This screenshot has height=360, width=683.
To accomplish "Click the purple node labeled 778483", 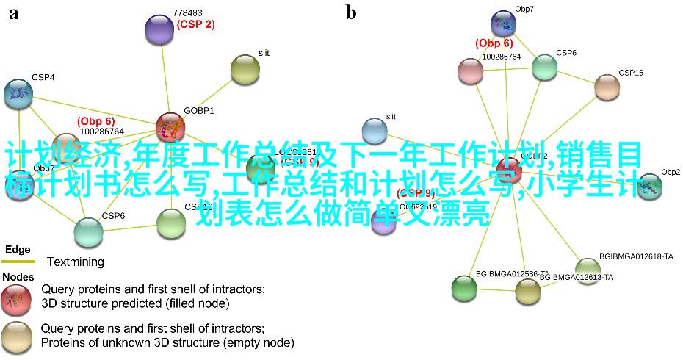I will [158, 29].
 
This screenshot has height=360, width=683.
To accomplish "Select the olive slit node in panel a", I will [245, 69].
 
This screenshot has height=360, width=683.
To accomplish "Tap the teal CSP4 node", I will [18, 93].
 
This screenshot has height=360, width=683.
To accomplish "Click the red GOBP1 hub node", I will [170, 127].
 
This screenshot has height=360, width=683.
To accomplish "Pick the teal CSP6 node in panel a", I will [89, 232].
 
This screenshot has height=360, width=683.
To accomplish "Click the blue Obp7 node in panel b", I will [504, 23].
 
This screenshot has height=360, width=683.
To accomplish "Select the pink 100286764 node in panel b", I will [470, 71].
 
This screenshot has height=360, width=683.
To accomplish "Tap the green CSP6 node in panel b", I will [545, 67].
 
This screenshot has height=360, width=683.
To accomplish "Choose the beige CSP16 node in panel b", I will [607, 87].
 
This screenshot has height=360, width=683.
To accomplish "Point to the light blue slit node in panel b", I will [375, 132].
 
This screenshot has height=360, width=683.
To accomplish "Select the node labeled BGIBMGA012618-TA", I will [588, 267].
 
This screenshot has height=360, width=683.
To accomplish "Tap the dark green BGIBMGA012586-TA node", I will [464, 287].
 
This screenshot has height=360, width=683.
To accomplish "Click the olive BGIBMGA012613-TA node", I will [527, 292].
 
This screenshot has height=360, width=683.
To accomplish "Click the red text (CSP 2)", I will [195, 24].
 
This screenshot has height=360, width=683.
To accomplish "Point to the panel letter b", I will [351, 12].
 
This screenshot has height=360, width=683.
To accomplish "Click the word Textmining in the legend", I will [76, 262].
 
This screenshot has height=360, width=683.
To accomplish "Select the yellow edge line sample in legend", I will [18, 262].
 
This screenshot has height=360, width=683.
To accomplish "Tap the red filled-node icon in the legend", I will [16, 297].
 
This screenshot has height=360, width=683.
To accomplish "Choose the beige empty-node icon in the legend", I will [16, 336].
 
